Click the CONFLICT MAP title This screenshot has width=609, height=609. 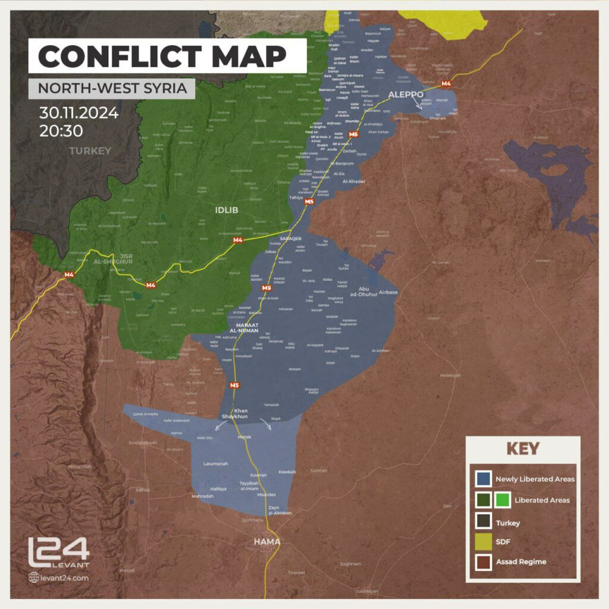(162, 56)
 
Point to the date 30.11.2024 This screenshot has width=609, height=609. (79, 112)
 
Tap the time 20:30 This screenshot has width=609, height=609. (61, 131)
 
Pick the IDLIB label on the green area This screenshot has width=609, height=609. (227, 209)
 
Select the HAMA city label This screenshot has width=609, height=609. (266, 542)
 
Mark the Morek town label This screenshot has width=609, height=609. (244, 437)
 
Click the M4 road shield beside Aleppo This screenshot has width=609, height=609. (447, 84)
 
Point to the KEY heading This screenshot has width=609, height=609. (523, 448)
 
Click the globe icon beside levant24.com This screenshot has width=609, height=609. (33, 577)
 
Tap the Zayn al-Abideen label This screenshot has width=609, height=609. (280, 510)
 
